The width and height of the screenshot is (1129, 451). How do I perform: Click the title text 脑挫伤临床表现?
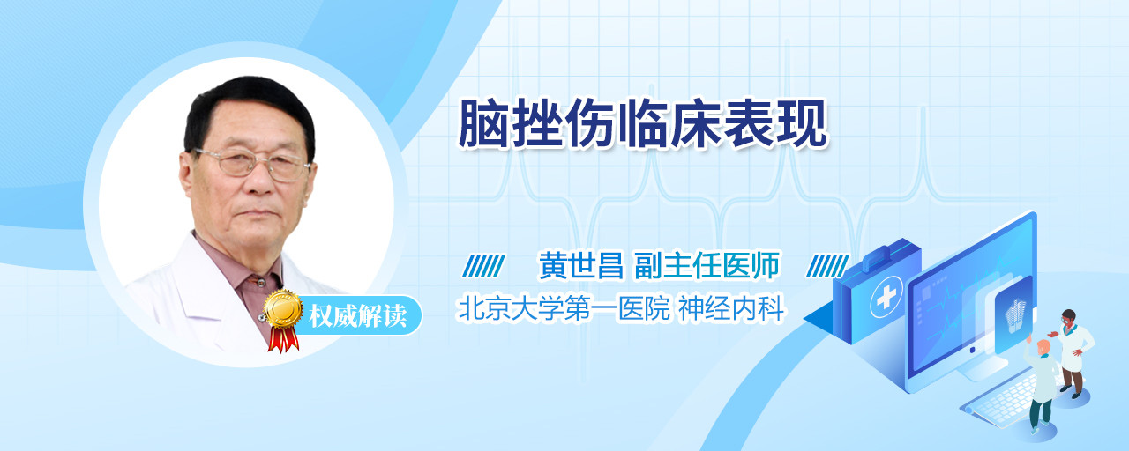(x=643, y=124)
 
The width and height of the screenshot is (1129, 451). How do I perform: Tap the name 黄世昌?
(x=581, y=265)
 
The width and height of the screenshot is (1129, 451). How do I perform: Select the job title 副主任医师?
(x=707, y=265)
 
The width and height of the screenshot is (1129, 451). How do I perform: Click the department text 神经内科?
(x=731, y=308)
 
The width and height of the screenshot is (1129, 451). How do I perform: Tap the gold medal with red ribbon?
(x=283, y=320)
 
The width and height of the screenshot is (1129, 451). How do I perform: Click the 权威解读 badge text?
(x=358, y=316)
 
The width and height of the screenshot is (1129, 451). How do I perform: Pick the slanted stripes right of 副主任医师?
(x=827, y=265)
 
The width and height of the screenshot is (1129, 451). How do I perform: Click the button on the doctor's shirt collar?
(x=260, y=283)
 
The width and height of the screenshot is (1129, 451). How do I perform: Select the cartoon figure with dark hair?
(x=1073, y=353)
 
